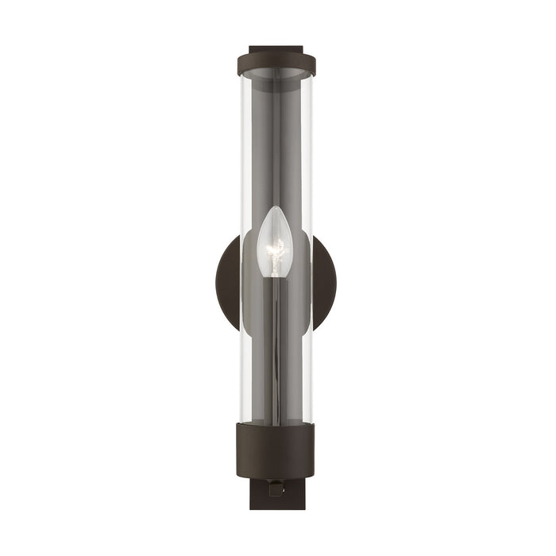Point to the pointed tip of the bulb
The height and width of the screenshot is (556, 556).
(x=275, y=209)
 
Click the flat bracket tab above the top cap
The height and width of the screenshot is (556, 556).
(x=276, y=49)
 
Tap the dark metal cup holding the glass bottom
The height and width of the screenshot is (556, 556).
(x=276, y=450)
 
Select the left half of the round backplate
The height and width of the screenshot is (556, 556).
(x=228, y=283)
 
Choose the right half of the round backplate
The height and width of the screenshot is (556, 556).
(x=324, y=283)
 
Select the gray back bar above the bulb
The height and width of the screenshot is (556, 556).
(x=276, y=143)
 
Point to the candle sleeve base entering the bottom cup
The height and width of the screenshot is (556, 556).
(x=275, y=419)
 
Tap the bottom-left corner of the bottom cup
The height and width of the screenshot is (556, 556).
(x=238, y=474)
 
